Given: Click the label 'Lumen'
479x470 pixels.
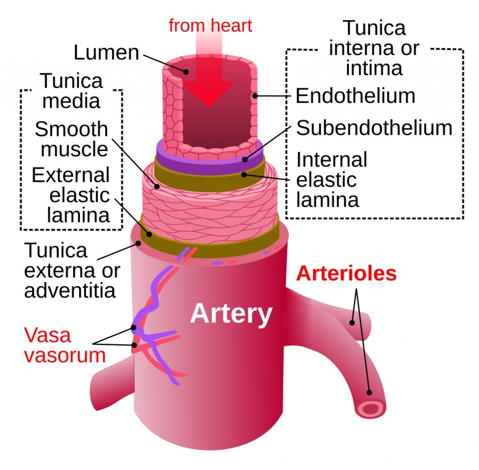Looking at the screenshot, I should pyautogui.click(x=106, y=52).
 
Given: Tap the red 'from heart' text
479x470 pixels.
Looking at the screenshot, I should pyautogui.click(x=210, y=25).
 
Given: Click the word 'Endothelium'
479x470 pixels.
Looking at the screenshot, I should pyautogui.click(x=355, y=96).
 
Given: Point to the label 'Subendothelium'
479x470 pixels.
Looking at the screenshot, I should pyautogui.click(x=374, y=128).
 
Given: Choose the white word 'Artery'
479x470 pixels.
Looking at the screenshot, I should pyautogui.click(x=231, y=313).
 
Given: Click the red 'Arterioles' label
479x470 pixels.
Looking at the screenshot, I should pyautogui.click(x=347, y=273).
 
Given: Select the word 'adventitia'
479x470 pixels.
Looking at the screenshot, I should pyautogui.click(x=70, y=291).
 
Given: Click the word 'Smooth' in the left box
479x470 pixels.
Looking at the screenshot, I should pyautogui.click(x=71, y=129).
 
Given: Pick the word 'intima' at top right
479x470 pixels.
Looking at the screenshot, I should pyautogui.click(x=374, y=68).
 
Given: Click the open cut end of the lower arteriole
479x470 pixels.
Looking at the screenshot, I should pyautogui.click(x=371, y=409).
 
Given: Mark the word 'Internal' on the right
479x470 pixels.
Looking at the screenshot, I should pyautogui.click(x=332, y=160).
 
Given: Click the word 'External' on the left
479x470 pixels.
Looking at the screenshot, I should pyautogui.click(x=71, y=175).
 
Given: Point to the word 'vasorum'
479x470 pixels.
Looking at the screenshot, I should pyautogui.click(x=65, y=356).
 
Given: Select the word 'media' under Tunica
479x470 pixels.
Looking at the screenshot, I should pyautogui.click(x=71, y=101).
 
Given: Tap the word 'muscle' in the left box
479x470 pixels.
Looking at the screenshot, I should pyautogui.click(x=75, y=150).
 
